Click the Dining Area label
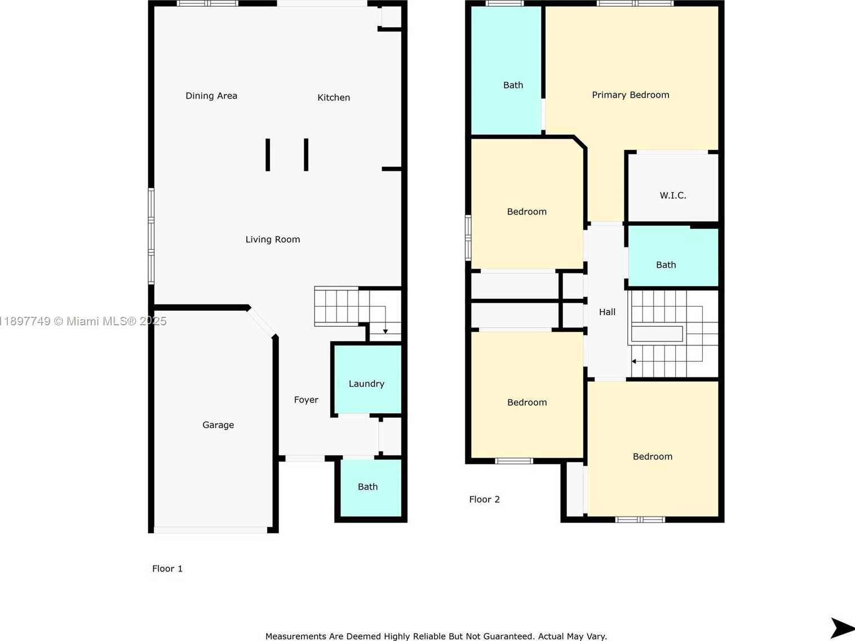pyautogui.click(x=211, y=96)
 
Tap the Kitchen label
pyautogui.click(x=334, y=98)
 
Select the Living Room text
pyautogui.click(x=273, y=239)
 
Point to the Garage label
pyautogui.click(x=218, y=425)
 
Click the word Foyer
pyautogui.click(x=306, y=400)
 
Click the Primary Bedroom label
pyautogui.click(x=631, y=95)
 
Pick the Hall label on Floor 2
pyautogui.click(x=607, y=312)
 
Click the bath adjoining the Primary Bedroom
pyautogui.click(x=506, y=70)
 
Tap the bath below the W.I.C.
pyautogui.click(x=673, y=257)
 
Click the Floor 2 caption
pyautogui.click(x=484, y=499)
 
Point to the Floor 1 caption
pyautogui.click(x=167, y=568)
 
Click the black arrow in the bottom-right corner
pyautogui.click(x=842, y=627)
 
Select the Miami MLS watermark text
pyautogui.click(x=83, y=321)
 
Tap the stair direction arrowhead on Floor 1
pyautogui.click(x=386, y=331)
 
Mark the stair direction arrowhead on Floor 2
pyautogui.click(x=634, y=361)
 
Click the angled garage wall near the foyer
pyautogui.click(x=262, y=322)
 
